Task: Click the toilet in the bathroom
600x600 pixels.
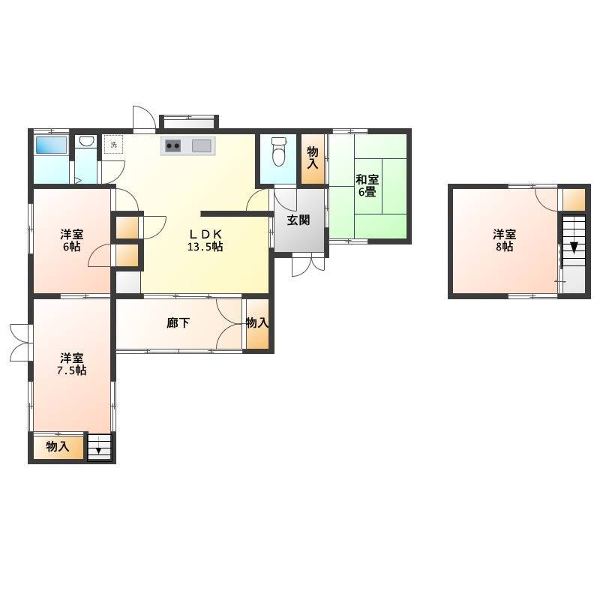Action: click(x=278, y=151)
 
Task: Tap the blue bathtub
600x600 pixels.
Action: click(x=51, y=145)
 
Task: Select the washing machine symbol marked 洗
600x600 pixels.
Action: click(x=114, y=144)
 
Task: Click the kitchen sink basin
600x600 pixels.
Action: click(x=201, y=145)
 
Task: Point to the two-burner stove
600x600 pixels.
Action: click(x=173, y=145)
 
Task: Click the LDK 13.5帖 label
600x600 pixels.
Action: click(x=205, y=240)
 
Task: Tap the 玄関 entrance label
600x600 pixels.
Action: click(x=298, y=220)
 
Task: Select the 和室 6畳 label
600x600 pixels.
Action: click(x=367, y=185)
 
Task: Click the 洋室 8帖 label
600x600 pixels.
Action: click(x=504, y=240)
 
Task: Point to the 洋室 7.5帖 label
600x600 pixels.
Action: click(x=71, y=364)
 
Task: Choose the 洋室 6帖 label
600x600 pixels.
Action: click(x=71, y=240)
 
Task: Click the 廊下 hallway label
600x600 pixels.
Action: click(x=178, y=323)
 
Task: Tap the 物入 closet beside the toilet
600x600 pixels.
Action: click(x=313, y=157)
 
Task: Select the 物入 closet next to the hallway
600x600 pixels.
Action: click(x=256, y=323)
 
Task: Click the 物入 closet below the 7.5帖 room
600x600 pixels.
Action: click(x=58, y=446)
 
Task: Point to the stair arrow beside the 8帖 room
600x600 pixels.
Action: click(x=574, y=247)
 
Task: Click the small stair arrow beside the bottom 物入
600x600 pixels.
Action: click(x=99, y=451)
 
